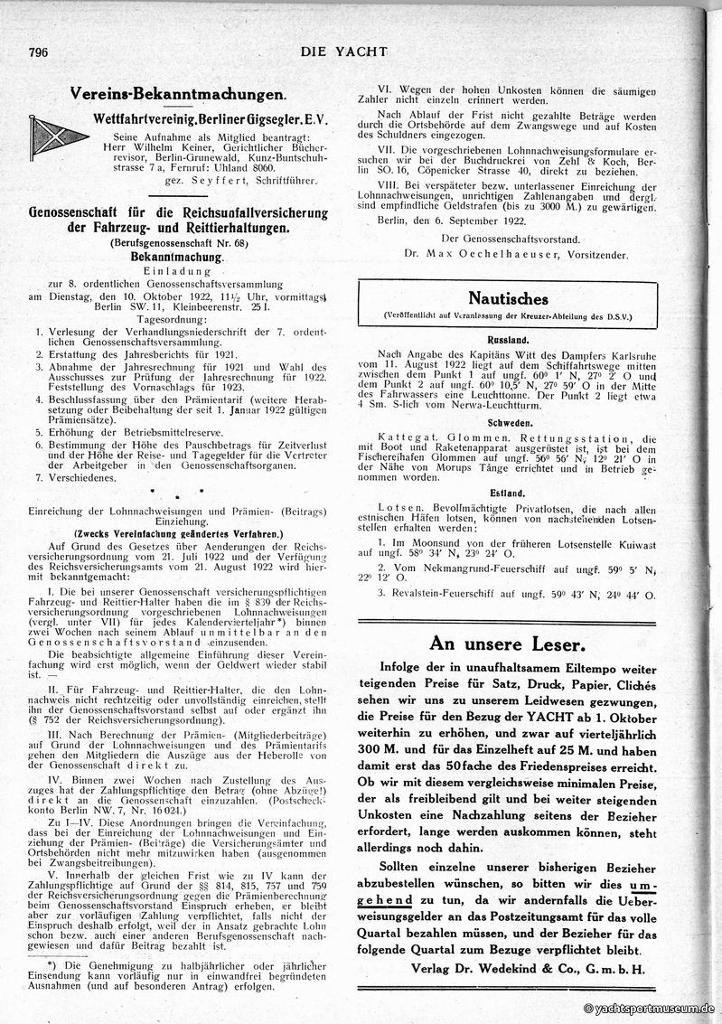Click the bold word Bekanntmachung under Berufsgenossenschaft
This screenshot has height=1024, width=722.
(176, 257)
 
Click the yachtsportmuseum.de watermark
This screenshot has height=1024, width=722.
(649, 1008)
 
